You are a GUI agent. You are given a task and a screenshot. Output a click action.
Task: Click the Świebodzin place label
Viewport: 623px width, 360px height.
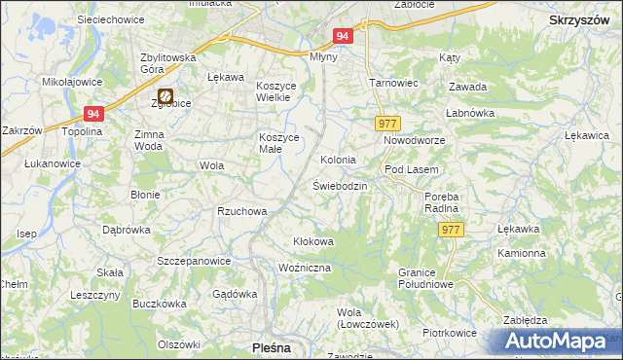(x=340, y=185)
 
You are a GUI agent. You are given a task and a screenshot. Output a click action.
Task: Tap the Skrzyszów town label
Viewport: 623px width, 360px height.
(x=579, y=19)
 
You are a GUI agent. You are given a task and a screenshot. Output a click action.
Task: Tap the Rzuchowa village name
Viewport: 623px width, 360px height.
(x=242, y=210)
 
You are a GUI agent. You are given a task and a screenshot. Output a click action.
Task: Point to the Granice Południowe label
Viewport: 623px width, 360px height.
(x=426, y=278)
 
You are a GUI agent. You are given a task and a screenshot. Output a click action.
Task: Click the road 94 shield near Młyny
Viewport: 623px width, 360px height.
(x=342, y=36)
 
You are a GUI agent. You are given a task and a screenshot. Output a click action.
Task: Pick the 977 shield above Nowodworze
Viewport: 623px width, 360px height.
(x=387, y=123)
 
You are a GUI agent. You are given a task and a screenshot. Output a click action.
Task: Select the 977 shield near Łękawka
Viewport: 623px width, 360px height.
(x=451, y=230)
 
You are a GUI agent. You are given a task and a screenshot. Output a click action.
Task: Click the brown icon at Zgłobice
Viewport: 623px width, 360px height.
(x=166, y=96)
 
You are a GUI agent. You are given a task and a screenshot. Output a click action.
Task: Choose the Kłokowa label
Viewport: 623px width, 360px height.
(x=313, y=240)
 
